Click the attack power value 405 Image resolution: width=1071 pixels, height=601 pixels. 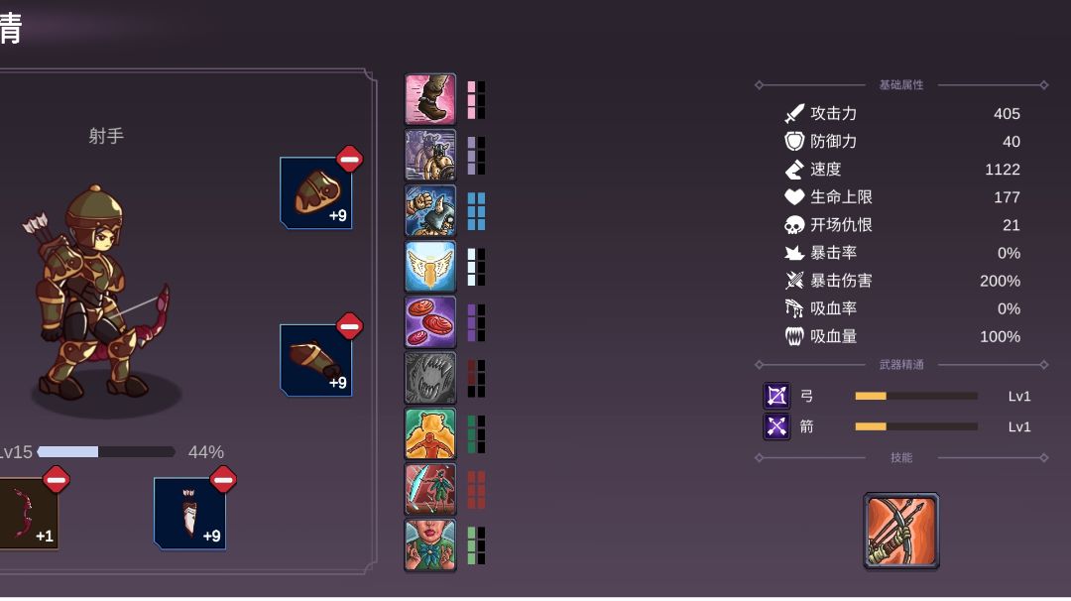click(x=1007, y=113)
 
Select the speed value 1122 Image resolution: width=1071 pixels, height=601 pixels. click(x=1002, y=170)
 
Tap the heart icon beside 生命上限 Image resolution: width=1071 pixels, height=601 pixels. click(x=794, y=196)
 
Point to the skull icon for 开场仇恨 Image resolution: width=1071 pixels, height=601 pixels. click(x=794, y=225)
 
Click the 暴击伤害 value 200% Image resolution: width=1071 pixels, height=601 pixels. click(x=1000, y=281)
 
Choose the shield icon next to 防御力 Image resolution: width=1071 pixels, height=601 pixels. click(x=794, y=142)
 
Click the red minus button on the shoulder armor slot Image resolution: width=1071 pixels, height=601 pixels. click(x=350, y=159)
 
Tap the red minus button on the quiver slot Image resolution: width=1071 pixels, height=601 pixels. click(x=223, y=479)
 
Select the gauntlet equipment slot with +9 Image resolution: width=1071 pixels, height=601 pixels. click(x=316, y=360)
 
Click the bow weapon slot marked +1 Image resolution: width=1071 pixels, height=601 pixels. click(x=28, y=513)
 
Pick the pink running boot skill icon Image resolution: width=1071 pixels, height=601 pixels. click(x=430, y=99)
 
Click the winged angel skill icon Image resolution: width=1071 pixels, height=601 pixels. click(x=430, y=267)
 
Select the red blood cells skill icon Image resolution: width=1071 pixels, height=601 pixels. click(x=430, y=322)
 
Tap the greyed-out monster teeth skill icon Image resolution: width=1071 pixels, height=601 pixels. click(x=430, y=378)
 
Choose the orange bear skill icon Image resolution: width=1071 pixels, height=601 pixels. click(x=430, y=433)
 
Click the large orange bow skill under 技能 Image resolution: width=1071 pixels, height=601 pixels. click(x=900, y=531)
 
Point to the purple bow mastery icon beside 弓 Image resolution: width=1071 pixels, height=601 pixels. click(x=776, y=396)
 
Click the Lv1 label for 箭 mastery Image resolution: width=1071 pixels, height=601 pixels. click(x=1019, y=426)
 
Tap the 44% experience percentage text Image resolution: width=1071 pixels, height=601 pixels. click(x=205, y=452)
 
